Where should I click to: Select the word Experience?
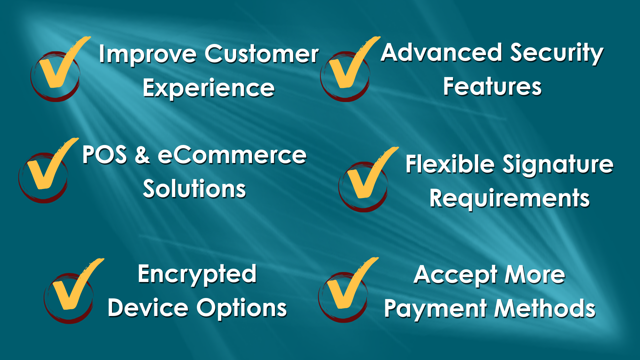[x=209, y=89]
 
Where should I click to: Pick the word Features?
[x=492, y=86]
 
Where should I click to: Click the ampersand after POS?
[x=142, y=155]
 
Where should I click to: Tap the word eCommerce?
[x=232, y=155]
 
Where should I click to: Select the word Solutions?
[x=194, y=189]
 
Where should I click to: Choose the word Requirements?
[x=510, y=199]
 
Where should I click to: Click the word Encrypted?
[x=197, y=275]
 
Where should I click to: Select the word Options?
[x=242, y=308]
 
